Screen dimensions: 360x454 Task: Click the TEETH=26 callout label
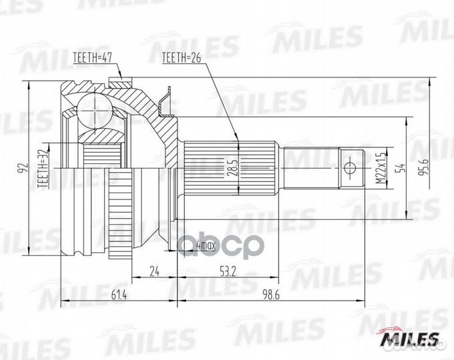182,59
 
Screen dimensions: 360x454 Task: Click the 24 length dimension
154,271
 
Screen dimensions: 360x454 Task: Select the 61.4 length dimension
118,294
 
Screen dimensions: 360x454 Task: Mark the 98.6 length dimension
271,294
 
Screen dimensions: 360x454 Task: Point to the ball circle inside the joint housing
94,106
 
